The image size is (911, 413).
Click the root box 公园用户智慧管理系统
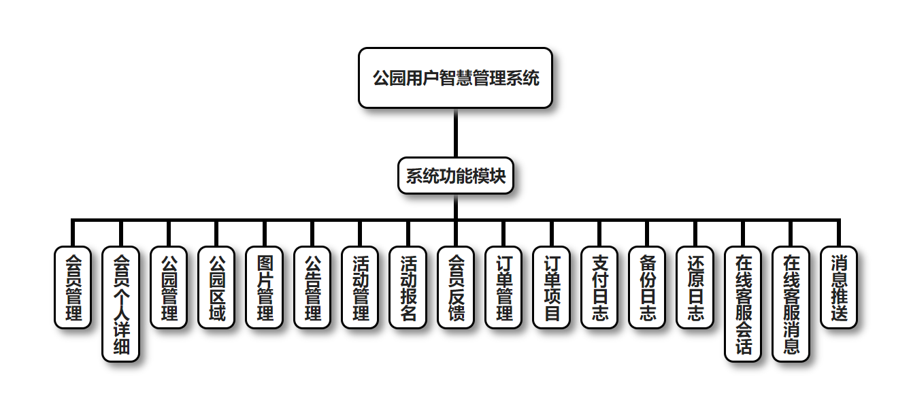(455, 78)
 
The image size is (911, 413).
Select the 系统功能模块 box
(455, 176)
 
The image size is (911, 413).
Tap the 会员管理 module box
(72, 287)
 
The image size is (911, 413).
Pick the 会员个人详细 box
(120, 303)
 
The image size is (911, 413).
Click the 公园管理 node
(168, 287)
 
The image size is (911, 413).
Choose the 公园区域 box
(216, 287)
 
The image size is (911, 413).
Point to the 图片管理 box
(264, 287)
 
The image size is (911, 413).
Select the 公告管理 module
(312, 287)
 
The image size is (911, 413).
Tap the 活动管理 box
(360, 287)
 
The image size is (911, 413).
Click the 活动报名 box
(408, 287)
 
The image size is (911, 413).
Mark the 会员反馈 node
(456, 287)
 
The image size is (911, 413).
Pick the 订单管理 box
(503, 287)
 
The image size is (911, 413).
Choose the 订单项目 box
(551, 287)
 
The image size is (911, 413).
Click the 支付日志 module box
(599, 287)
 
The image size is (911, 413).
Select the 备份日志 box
(647, 287)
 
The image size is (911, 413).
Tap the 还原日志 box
(695, 287)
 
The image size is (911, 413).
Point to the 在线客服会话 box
(743, 303)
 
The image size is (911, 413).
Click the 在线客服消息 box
(791, 303)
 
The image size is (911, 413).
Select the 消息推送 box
(838, 287)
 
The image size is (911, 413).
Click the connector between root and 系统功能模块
(455, 133)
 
